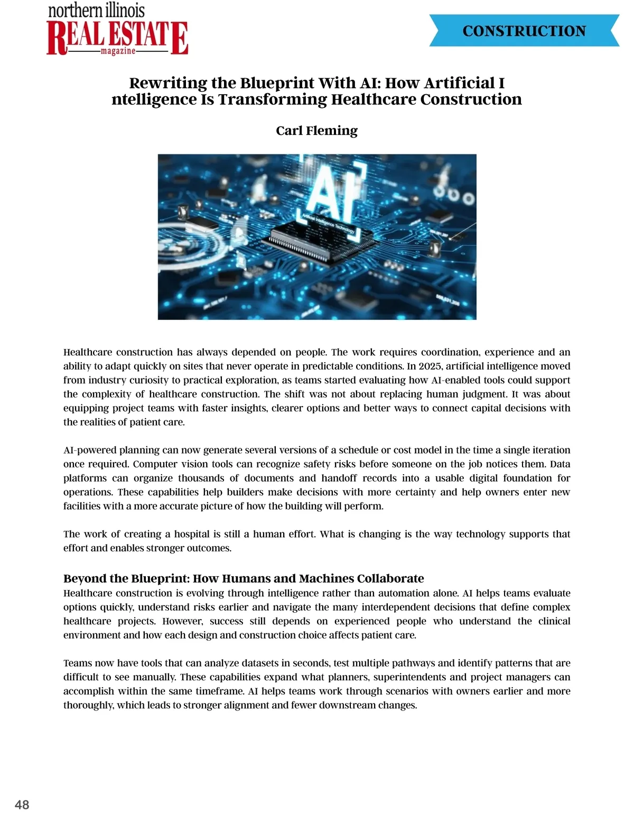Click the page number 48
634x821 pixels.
(x=22, y=805)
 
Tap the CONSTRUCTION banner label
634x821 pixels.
(x=524, y=31)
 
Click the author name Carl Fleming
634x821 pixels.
(x=316, y=131)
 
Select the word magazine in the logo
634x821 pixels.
(x=118, y=51)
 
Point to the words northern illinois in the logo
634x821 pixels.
(x=96, y=10)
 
